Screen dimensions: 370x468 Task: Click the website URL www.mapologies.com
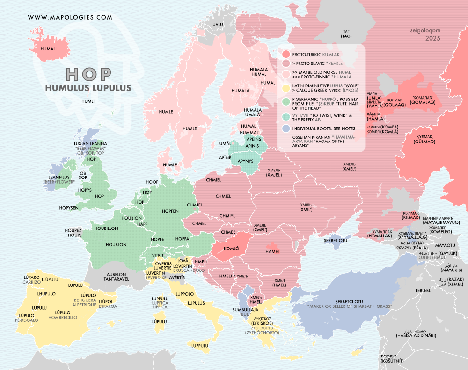click(70, 17)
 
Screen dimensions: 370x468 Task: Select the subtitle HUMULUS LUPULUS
click(88, 87)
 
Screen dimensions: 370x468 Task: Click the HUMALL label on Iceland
click(48, 49)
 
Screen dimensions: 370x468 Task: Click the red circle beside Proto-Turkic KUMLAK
click(285, 54)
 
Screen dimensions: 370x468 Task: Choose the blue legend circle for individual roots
click(285, 128)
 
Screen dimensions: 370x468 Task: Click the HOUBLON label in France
click(116, 244)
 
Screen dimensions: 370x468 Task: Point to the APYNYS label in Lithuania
click(246, 160)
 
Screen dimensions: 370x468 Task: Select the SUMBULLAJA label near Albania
click(246, 309)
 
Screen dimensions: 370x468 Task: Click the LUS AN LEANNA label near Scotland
click(90, 143)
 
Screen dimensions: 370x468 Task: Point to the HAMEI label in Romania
click(272, 251)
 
